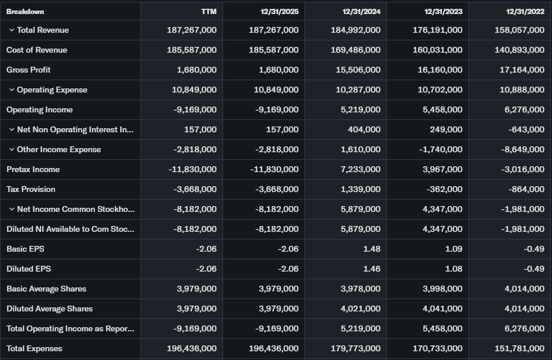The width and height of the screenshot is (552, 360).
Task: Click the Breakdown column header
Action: [x=25, y=12]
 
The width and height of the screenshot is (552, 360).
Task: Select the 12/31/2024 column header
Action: [x=361, y=12]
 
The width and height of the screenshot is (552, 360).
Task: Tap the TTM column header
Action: [x=208, y=12]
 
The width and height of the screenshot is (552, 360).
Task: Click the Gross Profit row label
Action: [x=29, y=70]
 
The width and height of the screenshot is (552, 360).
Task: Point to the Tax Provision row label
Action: [x=31, y=189]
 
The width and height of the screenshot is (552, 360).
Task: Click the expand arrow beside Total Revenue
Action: [x=12, y=30]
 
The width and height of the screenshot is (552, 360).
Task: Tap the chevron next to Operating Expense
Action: [x=12, y=90]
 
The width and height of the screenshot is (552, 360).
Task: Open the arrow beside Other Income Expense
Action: [x=12, y=149]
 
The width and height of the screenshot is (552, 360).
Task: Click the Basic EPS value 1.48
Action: [x=371, y=249]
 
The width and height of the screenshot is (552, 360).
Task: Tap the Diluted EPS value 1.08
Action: [x=453, y=269]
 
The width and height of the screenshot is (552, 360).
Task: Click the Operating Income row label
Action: [x=40, y=109]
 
